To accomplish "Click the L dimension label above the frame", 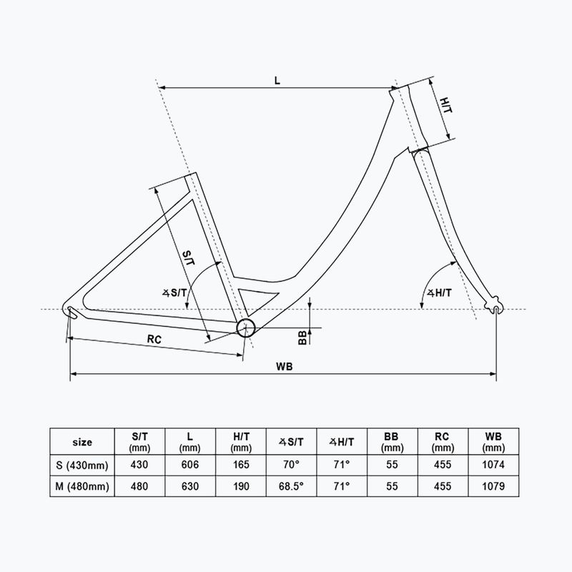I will [277, 79].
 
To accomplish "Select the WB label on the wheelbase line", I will [282, 365].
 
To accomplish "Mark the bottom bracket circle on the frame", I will [245, 327].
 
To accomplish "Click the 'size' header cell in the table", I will [82, 442].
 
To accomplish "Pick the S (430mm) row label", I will [82, 465].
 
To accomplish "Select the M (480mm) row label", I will [82, 487].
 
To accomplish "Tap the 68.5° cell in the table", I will [291, 487].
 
